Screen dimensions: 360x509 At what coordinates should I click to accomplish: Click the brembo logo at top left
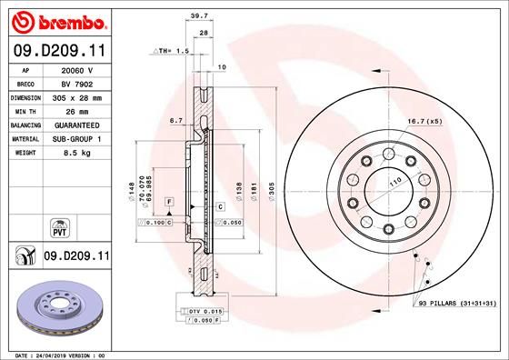click(56, 20)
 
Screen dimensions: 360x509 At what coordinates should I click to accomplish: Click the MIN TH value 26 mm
click(76, 123)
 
